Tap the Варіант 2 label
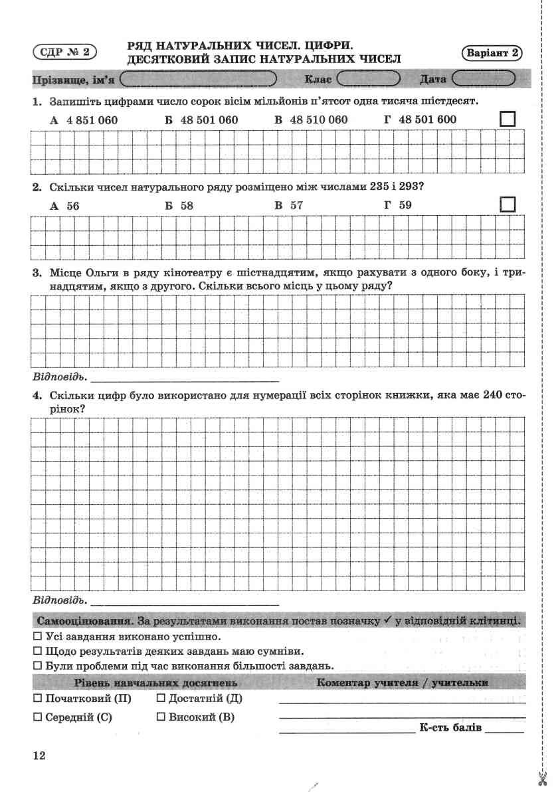pyautogui.click(x=492, y=54)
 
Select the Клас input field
pyautogui.click(x=368, y=80)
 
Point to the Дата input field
pyautogui.click(x=484, y=80)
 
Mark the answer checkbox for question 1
pyautogui.click(x=507, y=120)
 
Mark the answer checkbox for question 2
pyautogui.click(x=507, y=205)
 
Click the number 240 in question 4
pyautogui.click(x=494, y=394)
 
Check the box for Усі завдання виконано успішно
pyautogui.click(x=37, y=636)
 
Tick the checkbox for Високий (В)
pyautogui.click(x=161, y=717)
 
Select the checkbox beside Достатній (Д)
pyautogui.click(x=161, y=699)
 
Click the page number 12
pyautogui.click(x=39, y=755)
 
